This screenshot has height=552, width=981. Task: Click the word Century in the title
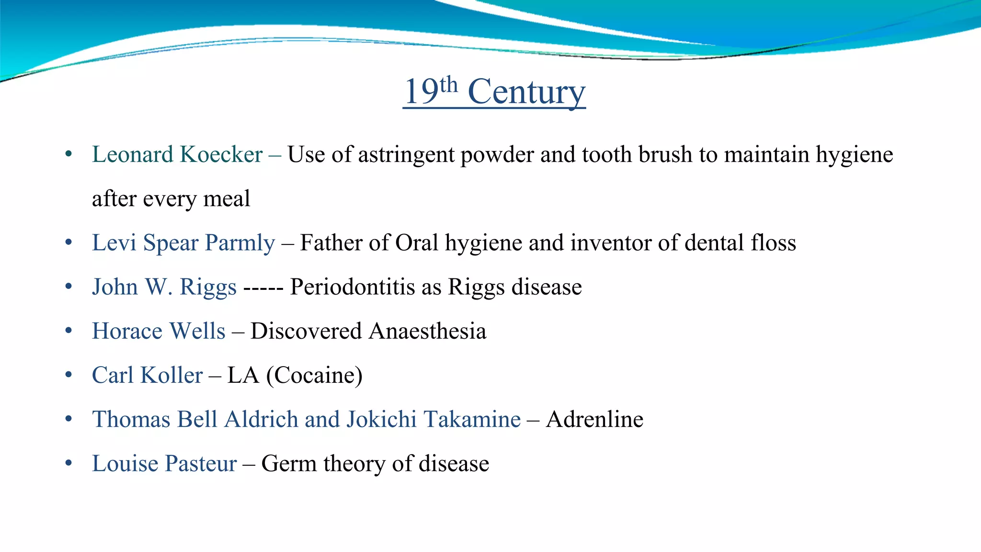tap(526, 92)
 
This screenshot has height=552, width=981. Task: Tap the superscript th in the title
tap(449, 85)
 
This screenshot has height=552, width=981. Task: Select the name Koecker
tap(221, 155)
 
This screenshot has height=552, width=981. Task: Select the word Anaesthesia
tap(428, 331)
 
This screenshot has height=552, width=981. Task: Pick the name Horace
tap(127, 331)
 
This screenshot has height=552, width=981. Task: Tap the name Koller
tap(171, 375)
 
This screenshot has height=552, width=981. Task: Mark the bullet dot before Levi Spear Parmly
tap(69, 242)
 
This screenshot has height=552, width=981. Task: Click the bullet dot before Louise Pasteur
tap(69, 463)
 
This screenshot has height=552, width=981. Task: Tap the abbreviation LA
tap(243, 375)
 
